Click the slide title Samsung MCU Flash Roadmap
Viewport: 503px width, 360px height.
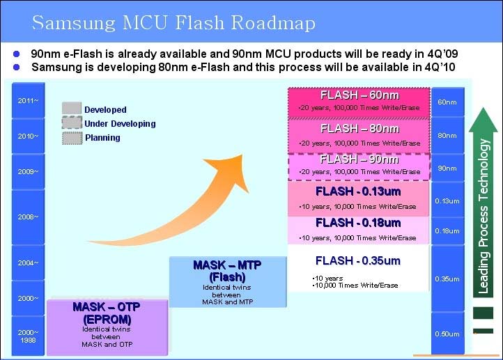pyautogui.click(x=173, y=22)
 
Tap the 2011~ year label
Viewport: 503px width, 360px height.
pyautogui.click(x=28, y=101)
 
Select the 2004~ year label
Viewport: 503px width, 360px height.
pyautogui.click(x=28, y=263)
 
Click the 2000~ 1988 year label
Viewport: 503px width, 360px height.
pyautogui.click(x=28, y=336)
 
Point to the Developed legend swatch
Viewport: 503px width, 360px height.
pyautogui.click(x=72, y=109)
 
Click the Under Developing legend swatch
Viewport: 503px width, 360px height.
pyautogui.click(x=72, y=123)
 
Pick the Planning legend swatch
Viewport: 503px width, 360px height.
pyautogui.click(x=72, y=138)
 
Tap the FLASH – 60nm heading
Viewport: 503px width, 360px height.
pyautogui.click(x=360, y=95)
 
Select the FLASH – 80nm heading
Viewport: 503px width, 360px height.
pyautogui.click(x=360, y=129)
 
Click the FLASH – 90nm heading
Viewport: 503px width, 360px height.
pyautogui.click(x=359, y=159)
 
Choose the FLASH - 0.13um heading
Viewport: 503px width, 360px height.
pyautogui.click(x=358, y=191)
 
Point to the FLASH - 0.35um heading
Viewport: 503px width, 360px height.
pyautogui.click(x=358, y=260)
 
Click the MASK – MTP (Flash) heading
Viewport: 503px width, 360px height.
pyautogui.click(x=227, y=271)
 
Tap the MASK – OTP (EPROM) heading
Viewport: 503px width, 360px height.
pyautogui.click(x=107, y=313)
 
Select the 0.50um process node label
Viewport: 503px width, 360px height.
pyautogui.click(x=447, y=334)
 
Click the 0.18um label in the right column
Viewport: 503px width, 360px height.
pyautogui.click(x=447, y=230)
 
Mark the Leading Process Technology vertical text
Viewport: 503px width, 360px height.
pyautogui.click(x=483, y=216)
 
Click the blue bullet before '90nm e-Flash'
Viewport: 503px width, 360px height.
pyautogui.click(x=16, y=54)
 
